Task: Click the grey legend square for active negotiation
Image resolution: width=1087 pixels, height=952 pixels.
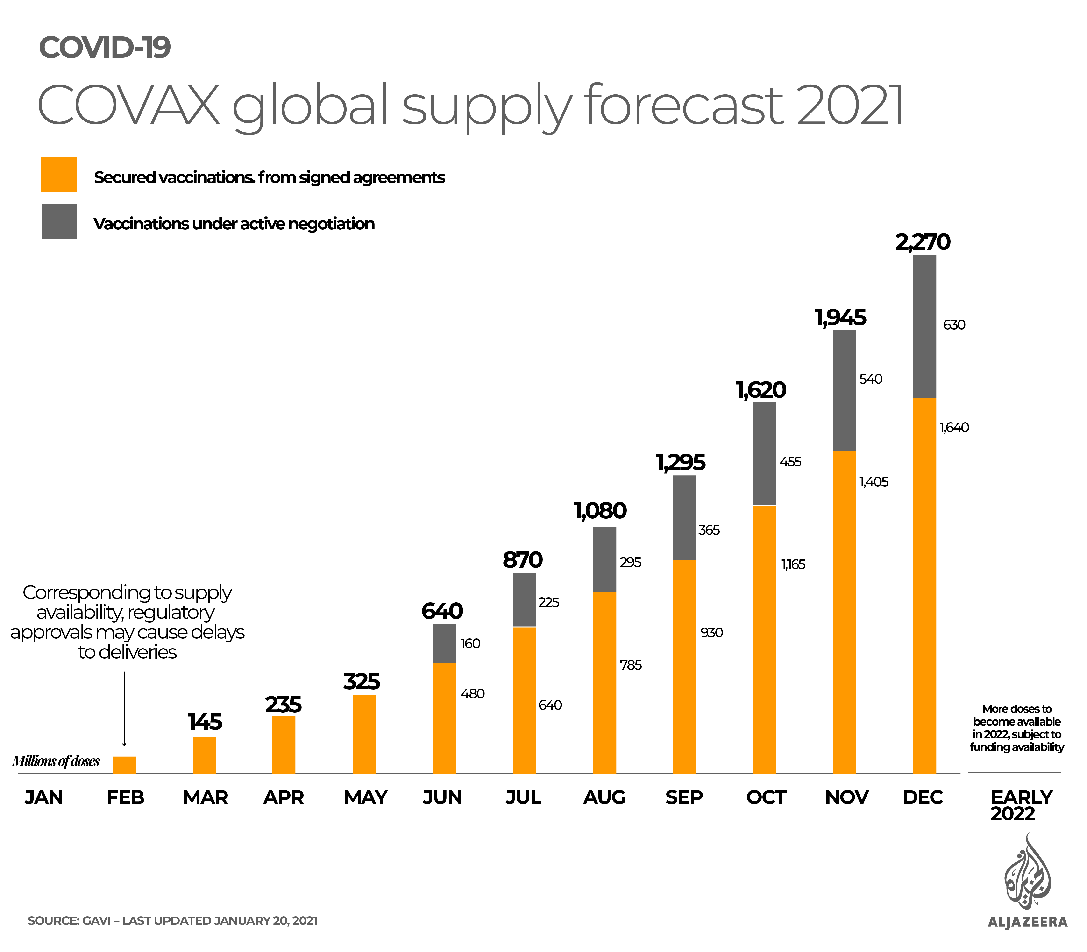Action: coord(59,221)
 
